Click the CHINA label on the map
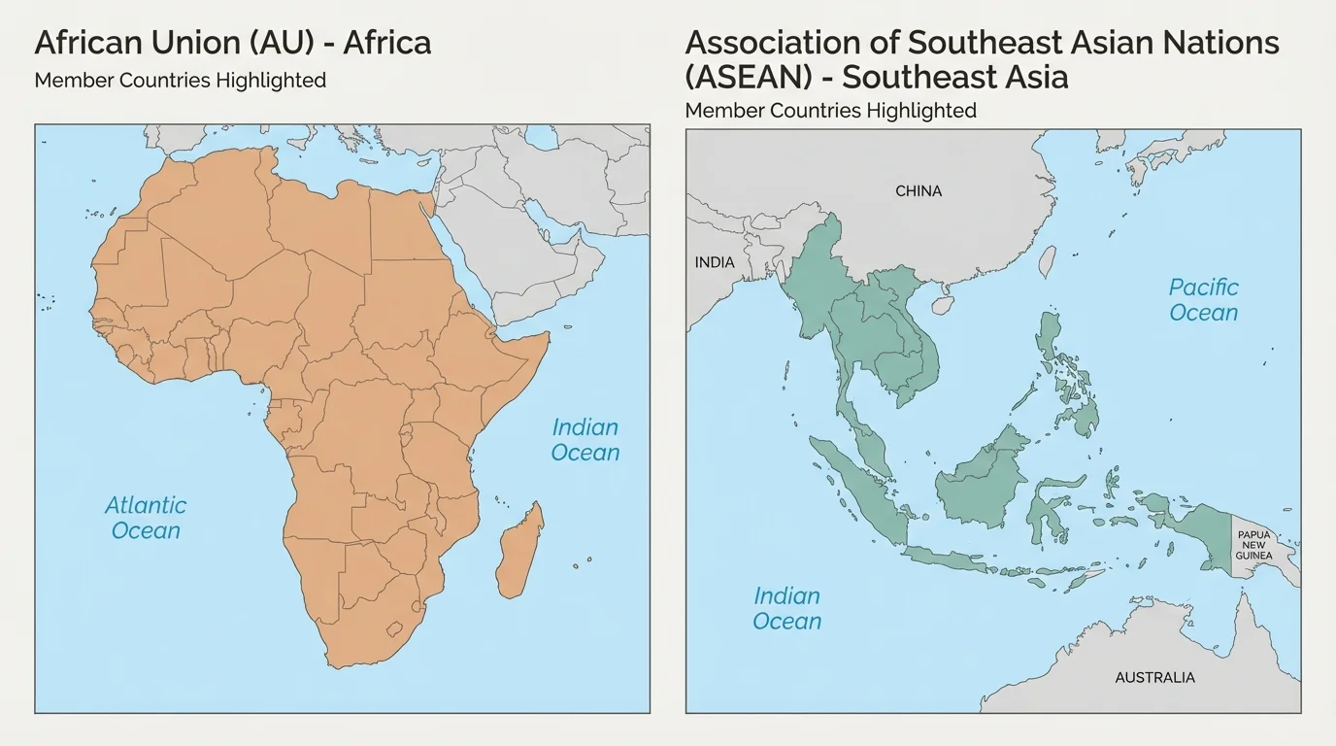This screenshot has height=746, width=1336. click(x=918, y=191)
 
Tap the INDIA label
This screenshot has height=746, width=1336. click(x=715, y=262)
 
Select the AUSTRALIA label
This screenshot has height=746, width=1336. click(x=1154, y=677)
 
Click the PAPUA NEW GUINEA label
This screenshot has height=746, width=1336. click(x=1253, y=545)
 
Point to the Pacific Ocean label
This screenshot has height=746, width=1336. click(x=1203, y=300)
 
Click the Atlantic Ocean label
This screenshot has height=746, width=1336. click(x=146, y=518)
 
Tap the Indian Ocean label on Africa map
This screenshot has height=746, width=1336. click(x=584, y=440)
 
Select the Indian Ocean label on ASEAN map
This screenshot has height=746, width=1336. click(x=786, y=609)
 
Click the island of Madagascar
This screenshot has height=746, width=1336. click(x=519, y=552)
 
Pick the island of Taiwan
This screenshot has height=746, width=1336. click(x=1048, y=261)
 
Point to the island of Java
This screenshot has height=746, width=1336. click(x=956, y=559)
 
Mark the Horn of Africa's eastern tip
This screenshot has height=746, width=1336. click(x=548, y=335)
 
